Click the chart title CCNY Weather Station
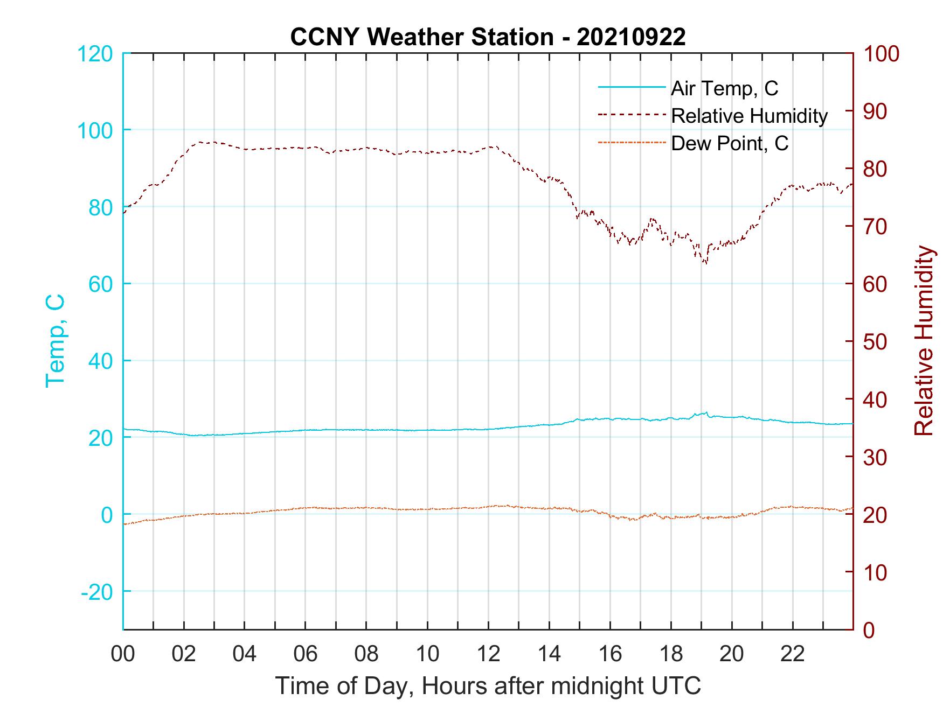coord(421,37)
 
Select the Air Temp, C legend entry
coord(724,88)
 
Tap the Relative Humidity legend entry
coord(749,116)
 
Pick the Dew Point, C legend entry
coord(730,143)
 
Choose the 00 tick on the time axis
coord(123,654)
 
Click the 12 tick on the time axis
coord(488,654)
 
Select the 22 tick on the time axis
coord(793,654)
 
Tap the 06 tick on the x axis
coord(306,654)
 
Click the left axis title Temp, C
coord(55,341)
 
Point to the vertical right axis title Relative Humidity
coord(924,341)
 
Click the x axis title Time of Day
coord(488,686)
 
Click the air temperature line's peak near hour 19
coord(706,412)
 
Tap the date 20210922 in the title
coord(631,37)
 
